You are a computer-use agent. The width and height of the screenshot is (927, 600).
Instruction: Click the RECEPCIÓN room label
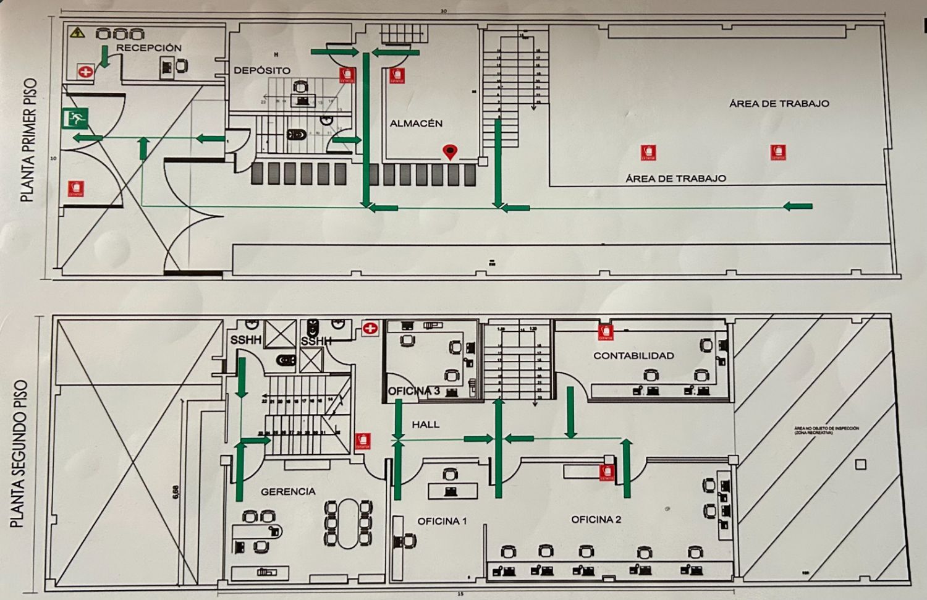click(149, 48)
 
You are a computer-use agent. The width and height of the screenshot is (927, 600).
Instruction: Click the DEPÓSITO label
click(261, 70)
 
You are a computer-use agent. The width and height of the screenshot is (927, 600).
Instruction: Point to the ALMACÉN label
click(416, 124)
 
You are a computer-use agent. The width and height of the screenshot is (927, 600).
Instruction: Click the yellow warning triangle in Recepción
click(77, 32)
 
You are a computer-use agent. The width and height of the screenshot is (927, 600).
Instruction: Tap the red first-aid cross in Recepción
click(85, 72)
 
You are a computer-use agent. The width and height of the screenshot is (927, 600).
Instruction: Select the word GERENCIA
click(288, 492)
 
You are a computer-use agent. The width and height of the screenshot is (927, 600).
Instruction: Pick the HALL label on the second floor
click(425, 425)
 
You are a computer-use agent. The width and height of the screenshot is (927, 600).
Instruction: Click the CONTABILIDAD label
click(633, 356)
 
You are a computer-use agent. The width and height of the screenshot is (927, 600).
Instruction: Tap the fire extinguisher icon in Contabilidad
click(606, 332)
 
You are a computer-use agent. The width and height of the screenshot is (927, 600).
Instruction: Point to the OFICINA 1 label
click(442, 521)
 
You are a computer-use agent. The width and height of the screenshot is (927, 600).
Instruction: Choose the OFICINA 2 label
click(596, 520)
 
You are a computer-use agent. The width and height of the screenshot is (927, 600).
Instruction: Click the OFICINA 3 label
click(414, 391)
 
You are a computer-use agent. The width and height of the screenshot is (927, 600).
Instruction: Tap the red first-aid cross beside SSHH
click(370, 329)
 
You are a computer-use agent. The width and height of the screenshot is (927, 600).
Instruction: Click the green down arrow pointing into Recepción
click(104, 55)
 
